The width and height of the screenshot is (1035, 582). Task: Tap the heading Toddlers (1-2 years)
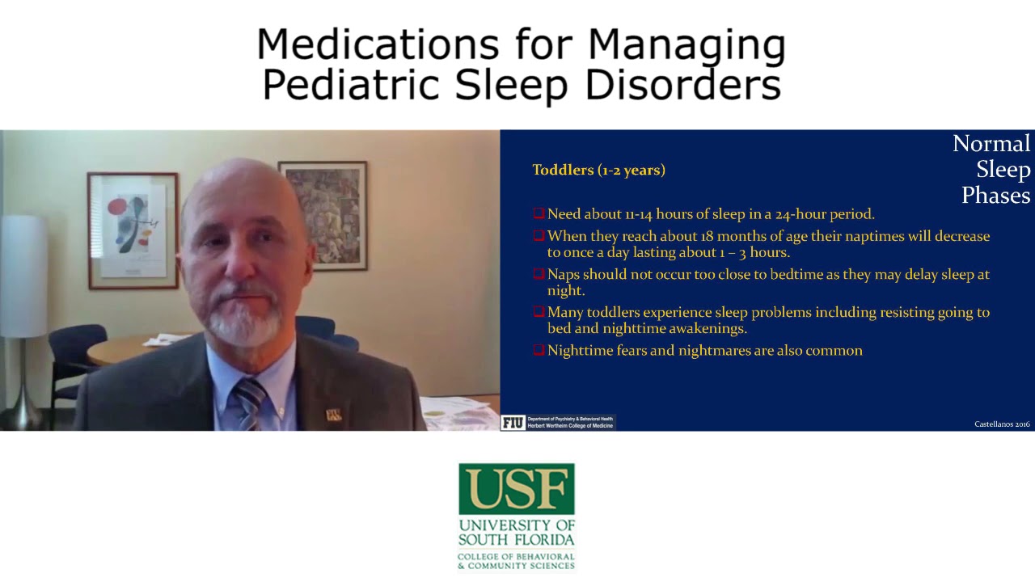[598, 170]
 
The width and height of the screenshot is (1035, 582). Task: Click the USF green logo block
[516, 488]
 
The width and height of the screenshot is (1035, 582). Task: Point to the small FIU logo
[512, 422]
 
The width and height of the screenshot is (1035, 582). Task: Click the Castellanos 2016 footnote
[1002, 424]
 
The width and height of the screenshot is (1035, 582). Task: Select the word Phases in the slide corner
[995, 196]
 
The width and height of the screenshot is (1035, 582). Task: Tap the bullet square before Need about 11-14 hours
[539, 213]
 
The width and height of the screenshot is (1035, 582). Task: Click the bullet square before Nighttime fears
[539, 350]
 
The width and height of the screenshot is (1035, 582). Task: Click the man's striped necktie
[250, 403]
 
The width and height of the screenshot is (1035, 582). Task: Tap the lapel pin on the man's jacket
[332, 415]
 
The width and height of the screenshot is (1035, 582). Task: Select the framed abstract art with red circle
[132, 230]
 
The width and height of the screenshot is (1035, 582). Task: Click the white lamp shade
[23, 276]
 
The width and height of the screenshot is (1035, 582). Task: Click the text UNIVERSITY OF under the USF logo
[516, 525]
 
